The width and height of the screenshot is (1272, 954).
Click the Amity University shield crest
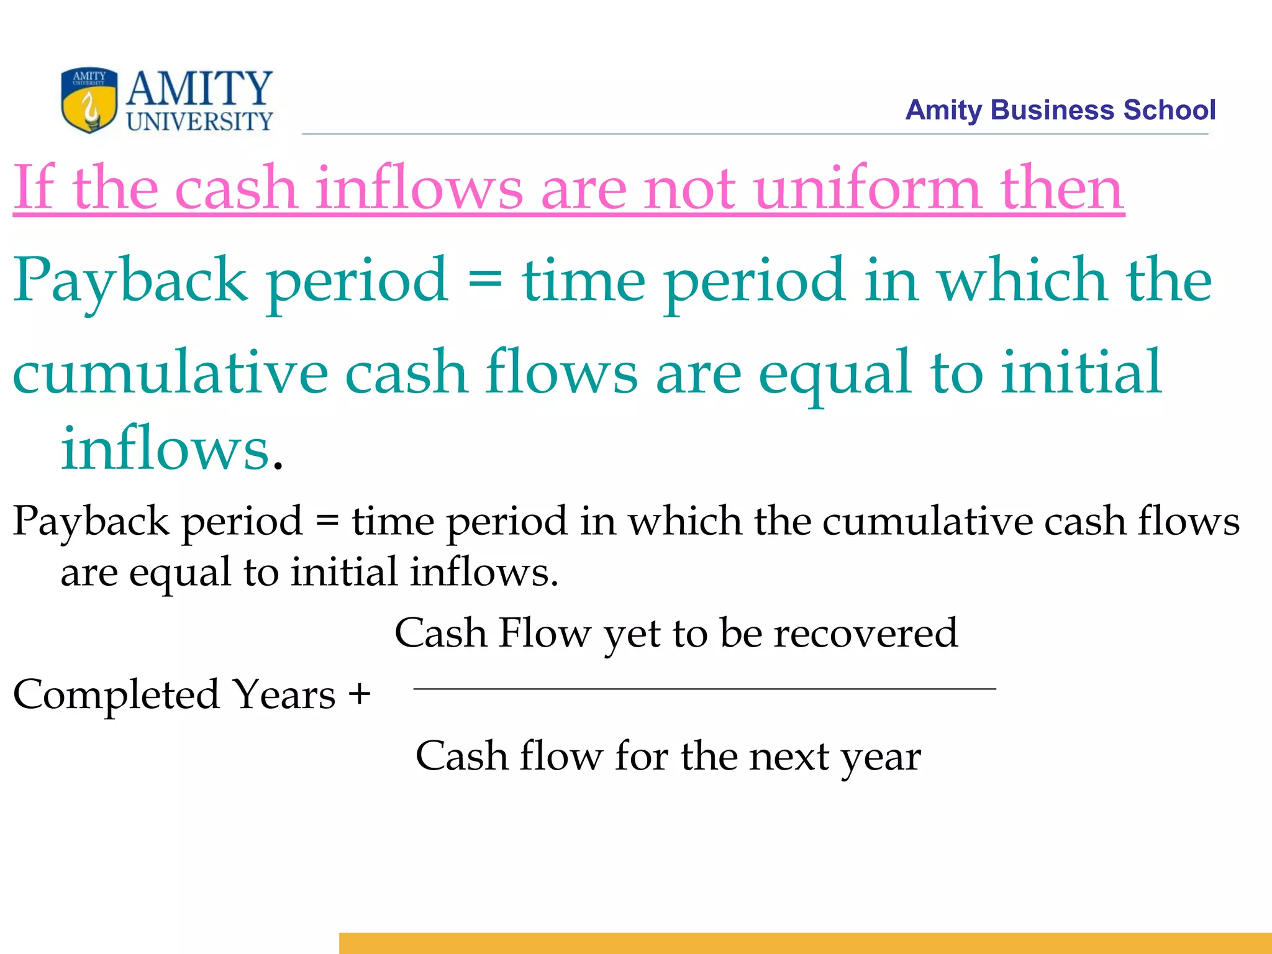[x=89, y=100]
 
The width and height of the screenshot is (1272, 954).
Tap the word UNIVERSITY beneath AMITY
[x=199, y=121]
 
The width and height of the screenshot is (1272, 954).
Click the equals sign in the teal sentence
[x=484, y=279]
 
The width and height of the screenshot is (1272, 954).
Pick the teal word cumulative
[x=170, y=373]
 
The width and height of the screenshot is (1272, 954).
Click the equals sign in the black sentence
[x=327, y=520]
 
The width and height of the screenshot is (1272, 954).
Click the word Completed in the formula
[x=116, y=694]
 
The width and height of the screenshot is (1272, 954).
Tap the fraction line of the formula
[x=704, y=688]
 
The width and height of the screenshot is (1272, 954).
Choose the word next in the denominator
[x=788, y=756]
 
